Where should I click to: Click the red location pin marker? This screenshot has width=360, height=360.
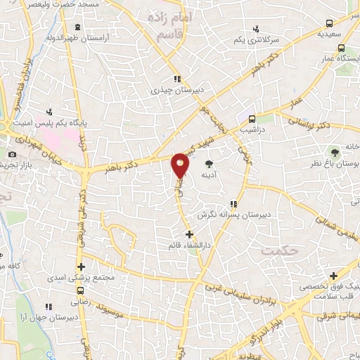[181, 165]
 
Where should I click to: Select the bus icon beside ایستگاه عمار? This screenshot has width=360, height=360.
[341, 49]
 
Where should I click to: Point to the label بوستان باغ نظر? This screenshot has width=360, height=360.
[335, 162]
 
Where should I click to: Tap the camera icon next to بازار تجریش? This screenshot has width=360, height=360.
[12, 155]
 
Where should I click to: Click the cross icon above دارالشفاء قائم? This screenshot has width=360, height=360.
[188, 233]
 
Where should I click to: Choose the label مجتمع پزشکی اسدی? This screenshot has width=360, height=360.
[71, 278]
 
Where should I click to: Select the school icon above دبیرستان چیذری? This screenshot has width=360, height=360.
[179, 79]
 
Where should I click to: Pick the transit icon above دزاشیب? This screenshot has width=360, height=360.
[251, 118]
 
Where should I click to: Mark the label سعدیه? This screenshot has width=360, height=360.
[328, 32]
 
